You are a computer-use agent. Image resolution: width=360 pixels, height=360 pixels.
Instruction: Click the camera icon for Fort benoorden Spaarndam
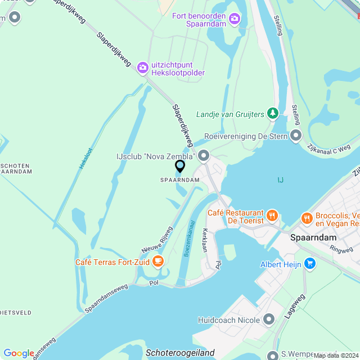[235, 19]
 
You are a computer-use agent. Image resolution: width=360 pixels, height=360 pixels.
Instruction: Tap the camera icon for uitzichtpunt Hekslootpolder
[143, 67]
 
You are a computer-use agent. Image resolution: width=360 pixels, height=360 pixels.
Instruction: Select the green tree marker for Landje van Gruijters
[273, 114]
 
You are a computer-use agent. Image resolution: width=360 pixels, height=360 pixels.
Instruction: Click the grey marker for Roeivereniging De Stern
[296, 136]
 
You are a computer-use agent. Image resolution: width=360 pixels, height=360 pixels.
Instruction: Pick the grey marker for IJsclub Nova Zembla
[204, 155]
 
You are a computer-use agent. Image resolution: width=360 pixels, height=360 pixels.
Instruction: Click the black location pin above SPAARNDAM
[180, 166]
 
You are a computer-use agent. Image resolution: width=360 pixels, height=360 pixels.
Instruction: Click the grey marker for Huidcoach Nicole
[269, 320]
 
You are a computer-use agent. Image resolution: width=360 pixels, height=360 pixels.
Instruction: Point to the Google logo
[19, 353]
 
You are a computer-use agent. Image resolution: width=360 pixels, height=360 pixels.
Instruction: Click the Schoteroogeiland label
[180, 353]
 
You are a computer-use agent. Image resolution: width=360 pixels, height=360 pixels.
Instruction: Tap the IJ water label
[280, 180]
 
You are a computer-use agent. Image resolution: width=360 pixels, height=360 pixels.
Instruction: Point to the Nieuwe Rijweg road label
[157, 240]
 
